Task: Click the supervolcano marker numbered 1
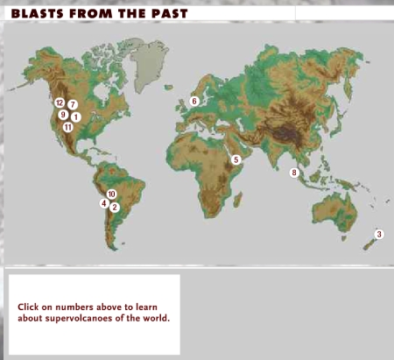(x=76, y=116)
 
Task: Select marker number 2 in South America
(x=115, y=208)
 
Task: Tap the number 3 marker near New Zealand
(x=378, y=234)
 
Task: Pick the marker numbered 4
(x=104, y=203)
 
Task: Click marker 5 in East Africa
(x=236, y=159)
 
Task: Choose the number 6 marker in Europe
(x=194, y=101)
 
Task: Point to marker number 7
(x=73, y=104)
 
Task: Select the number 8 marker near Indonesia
(x=294, y=173)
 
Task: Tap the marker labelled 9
(x=63, y=115)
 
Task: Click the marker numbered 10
(x=111, y=194)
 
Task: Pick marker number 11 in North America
(x=67, y=127)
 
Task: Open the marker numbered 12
(x=60, y=102)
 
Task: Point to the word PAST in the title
(x=164, y=14)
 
